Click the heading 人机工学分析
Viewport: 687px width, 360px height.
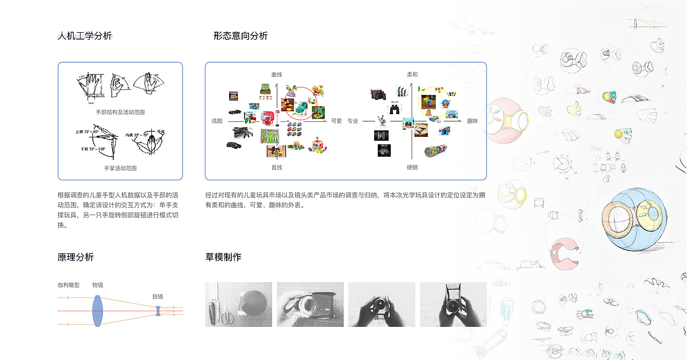pos(85,36)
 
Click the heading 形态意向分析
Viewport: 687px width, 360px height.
pos(240,36)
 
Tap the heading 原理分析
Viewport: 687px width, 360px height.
pos(76,258)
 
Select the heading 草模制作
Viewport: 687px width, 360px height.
pos(223,258)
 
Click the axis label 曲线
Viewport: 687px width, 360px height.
pos(276,75)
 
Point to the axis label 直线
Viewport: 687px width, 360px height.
pos(276,168)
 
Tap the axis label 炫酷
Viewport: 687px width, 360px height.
pos(217,121)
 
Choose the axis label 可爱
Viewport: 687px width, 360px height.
pos(337,121)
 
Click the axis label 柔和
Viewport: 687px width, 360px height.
pos(412,75)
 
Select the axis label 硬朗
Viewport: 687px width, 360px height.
pos(412,168)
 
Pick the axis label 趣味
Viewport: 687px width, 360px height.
pos(472,121)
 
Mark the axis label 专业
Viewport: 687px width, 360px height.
pos(353,121)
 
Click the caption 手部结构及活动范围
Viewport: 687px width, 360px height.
pos(120,113)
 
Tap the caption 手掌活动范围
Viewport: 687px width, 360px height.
pos(120,168)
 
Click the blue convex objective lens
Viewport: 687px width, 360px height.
pos(97,311)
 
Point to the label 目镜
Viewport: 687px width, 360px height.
pos(158,297)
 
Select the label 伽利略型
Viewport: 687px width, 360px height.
pos(69,285)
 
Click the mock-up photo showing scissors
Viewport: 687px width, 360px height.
pos(238,304)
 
